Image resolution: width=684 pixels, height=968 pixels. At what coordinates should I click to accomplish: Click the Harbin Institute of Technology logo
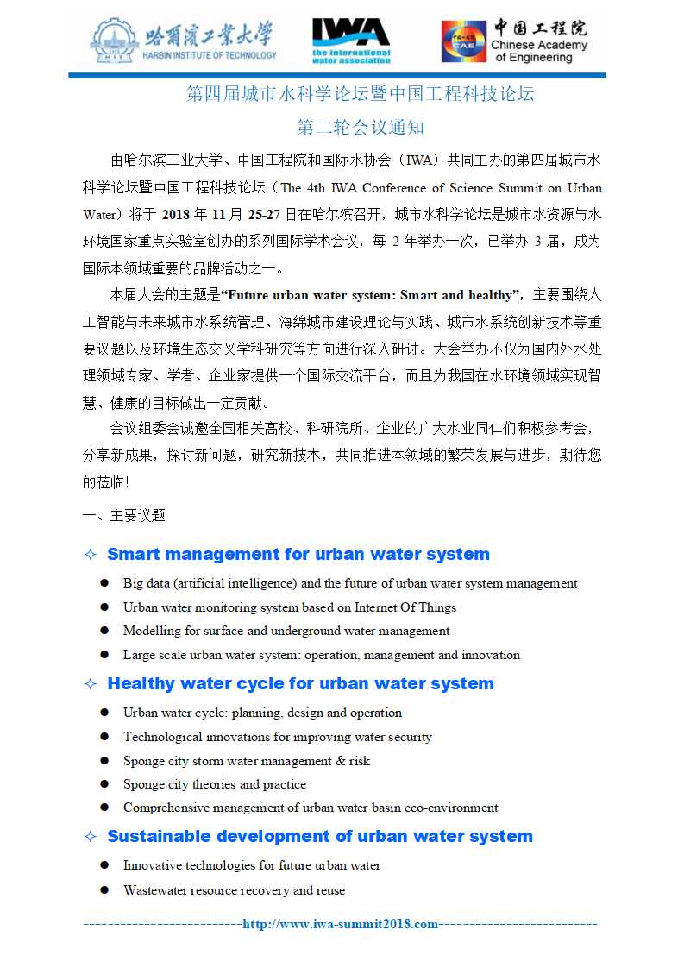click(x=183, y=41)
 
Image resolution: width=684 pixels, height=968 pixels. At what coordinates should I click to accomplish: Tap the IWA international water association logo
click(x=351, y=41)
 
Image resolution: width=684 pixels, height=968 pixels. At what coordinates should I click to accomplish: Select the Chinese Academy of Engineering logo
click(x=515, y=41)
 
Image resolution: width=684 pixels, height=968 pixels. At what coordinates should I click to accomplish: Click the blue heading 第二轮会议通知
click(x=361, y=128)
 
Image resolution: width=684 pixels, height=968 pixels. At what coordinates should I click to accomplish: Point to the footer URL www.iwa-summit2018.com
click(x=341, y=924)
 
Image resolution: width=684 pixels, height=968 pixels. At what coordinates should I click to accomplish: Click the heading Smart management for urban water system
click(x=298, y=554)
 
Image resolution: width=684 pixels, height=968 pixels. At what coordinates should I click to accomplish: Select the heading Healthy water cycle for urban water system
click(x=300, y=683)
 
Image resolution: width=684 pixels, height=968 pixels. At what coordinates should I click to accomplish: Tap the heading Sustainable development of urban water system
click(x=319, y=836)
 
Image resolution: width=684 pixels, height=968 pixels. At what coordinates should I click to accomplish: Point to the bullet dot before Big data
click(x=104, y=583)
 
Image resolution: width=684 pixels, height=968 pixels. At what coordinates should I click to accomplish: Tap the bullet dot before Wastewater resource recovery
click(x=104, y=889)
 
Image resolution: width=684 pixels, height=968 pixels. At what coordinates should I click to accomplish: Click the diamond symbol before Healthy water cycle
click(x=90, y=684)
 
